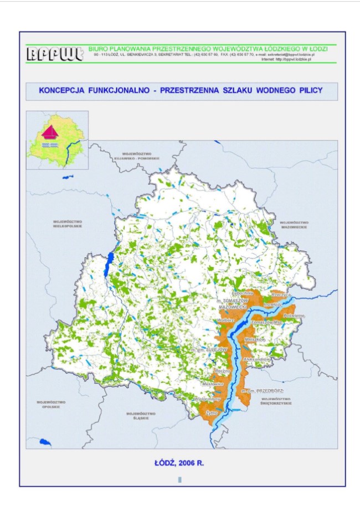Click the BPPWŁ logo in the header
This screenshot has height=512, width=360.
coord(54,54)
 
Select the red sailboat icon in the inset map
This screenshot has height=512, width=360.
coord(50,132)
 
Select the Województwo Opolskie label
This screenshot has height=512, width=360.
coord(50,404)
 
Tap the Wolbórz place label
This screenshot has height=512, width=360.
coord(228,319)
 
